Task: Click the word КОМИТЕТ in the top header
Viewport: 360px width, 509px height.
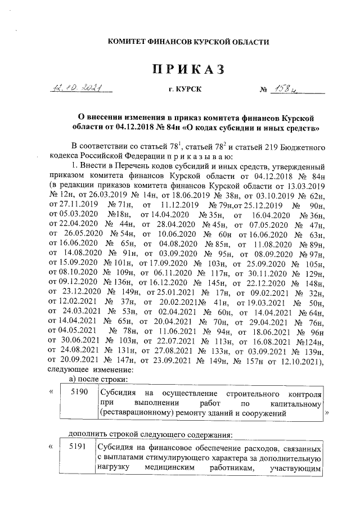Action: [x=128, y=42]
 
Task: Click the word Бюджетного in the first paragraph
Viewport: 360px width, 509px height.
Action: [x=301, y=147]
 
